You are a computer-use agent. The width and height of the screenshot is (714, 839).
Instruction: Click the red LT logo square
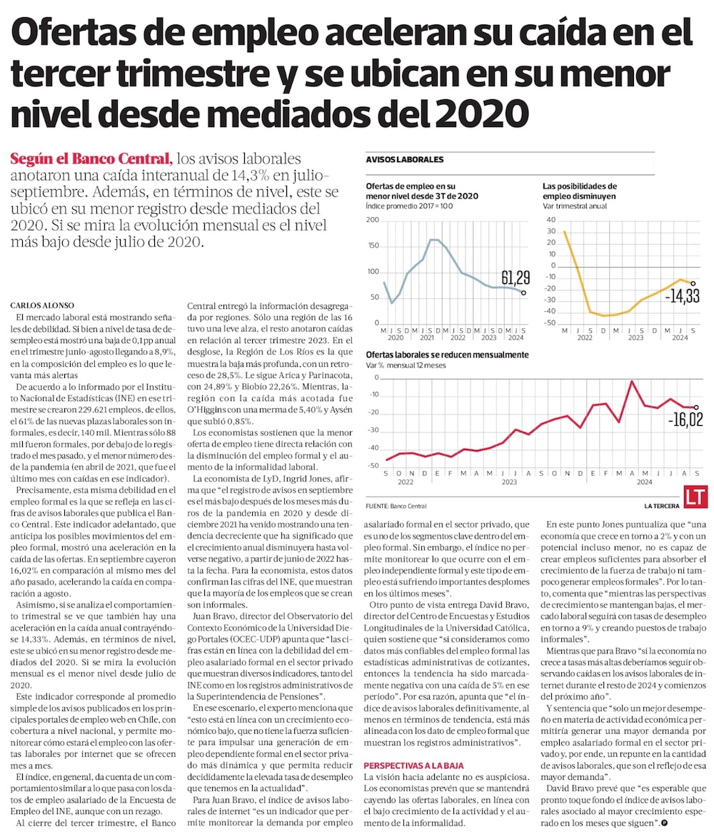point(695,497)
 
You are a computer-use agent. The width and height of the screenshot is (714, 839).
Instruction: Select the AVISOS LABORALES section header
point(404,159)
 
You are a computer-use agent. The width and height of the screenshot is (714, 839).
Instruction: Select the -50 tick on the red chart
point(373,466)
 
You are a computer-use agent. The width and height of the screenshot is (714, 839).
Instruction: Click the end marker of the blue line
point(523,293)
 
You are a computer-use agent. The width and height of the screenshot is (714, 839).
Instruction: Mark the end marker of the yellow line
point(693,284)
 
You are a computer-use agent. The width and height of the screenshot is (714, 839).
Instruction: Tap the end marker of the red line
point(696,407)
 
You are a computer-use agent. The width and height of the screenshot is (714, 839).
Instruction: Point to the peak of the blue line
point(433,240)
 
